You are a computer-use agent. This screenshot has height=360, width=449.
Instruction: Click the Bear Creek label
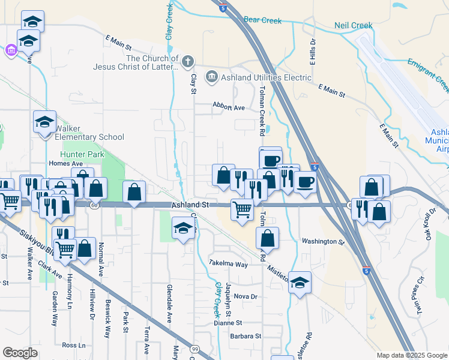tap(262, 20)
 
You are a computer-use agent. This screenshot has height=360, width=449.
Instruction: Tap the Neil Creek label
tap(353, 26)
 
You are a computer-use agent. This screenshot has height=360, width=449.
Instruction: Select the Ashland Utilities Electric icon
tap(211, 77)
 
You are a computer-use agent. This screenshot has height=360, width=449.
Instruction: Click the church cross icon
tap(188, 61)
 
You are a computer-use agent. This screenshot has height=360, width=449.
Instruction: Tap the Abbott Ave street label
tap(229, 107)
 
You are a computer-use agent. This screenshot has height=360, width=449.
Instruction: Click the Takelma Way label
tap(228, 264)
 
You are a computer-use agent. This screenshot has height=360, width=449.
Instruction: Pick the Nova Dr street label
tap(246, 296)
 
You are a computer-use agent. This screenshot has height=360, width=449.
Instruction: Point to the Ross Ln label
tap(73, 346)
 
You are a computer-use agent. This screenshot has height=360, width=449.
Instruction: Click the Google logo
tap(20, 353)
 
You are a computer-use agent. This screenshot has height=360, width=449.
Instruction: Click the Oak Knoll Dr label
tap(433, 223)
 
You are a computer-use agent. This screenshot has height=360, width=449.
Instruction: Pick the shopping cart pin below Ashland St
tap(241, 211)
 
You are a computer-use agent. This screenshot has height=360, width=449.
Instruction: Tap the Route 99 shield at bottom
tap(194, 349)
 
